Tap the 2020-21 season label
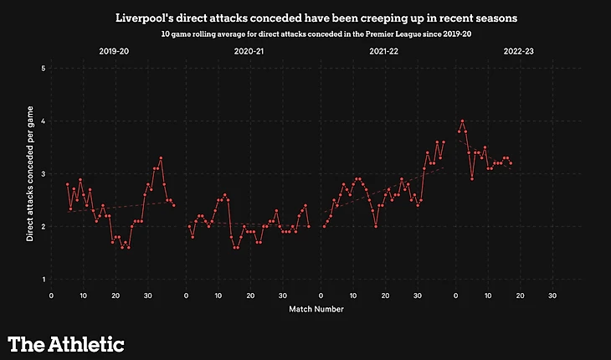(249, 51)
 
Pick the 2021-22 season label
(383, 51)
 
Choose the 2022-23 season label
(519, 51)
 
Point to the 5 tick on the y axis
(43, 68)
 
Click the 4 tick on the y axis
(43, 121)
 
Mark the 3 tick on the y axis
(43, 173)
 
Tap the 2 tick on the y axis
(43, 226)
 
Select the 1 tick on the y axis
(43, 279)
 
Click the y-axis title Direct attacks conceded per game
(29, 173)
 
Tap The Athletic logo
(66, 343)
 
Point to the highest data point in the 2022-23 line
(462, 121)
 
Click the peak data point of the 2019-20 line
(161, 157)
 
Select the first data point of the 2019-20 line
(67, 184)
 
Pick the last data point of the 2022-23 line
(511, 163)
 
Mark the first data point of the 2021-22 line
(324, 226)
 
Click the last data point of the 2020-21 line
(309, 226)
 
